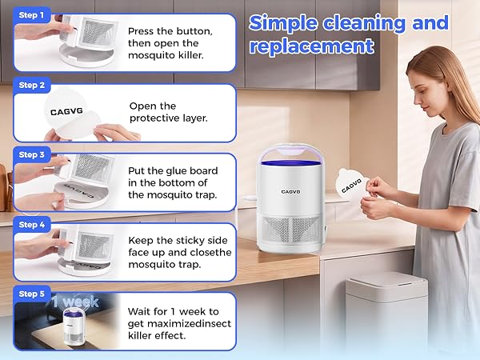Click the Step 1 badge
[x=31, y=15]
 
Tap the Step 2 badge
[x=31, y=85]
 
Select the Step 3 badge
[x=31, y=154]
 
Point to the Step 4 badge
[x=31, y=224]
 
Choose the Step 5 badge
[x=31, y=294]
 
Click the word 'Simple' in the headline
[x=283, y=23]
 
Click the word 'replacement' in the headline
[x=312, y=46]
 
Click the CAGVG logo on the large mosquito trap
[x=291, y=192]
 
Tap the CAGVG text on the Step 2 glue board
[x=66, y=111]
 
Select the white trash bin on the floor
[x=386, y=309]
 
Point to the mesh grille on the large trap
[x=291, y=230]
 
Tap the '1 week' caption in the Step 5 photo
[x=75, y=302]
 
